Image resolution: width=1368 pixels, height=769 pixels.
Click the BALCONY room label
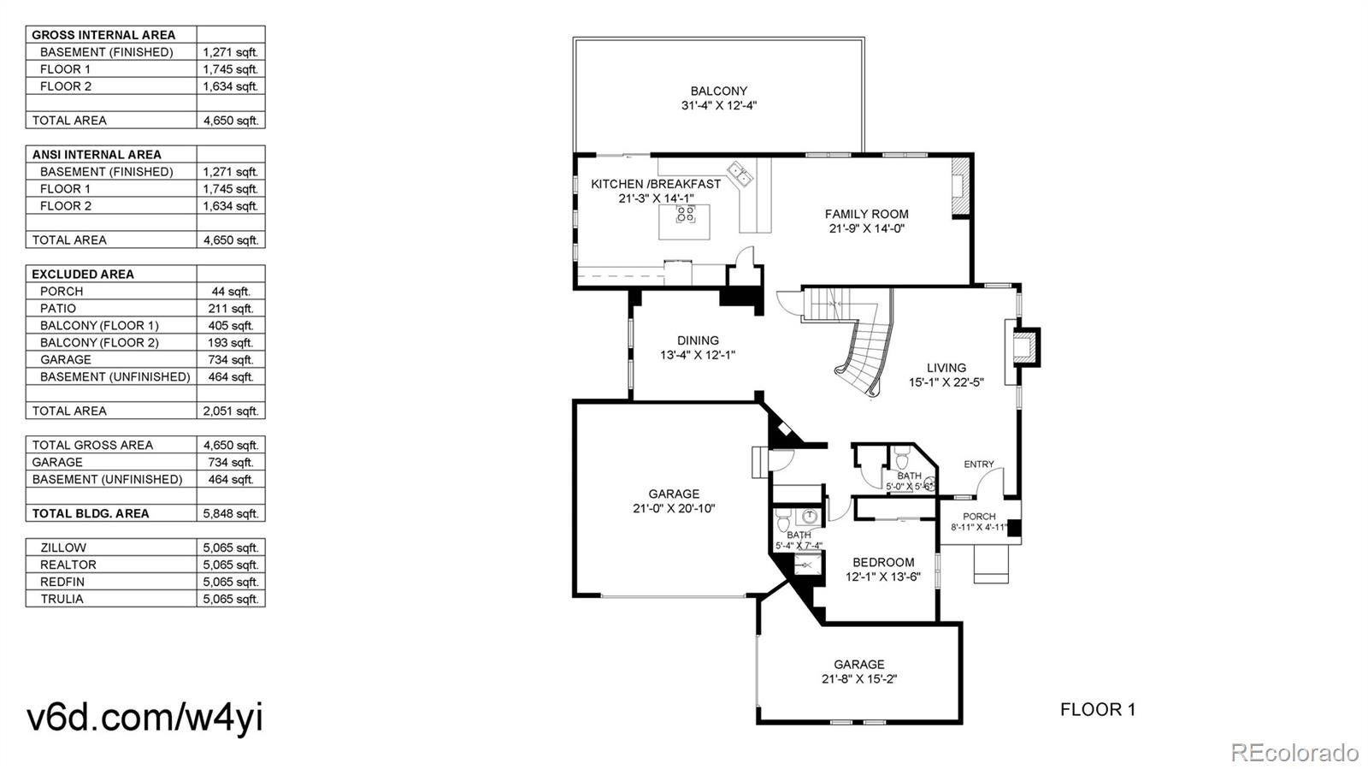point(719,91)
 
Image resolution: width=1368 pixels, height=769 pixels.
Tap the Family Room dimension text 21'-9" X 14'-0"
point(867,229)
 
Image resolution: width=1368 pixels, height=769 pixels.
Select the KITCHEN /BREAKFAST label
point(656,184)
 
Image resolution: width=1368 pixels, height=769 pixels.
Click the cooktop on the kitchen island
point(686,214)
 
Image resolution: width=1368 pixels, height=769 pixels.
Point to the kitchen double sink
point(740,173)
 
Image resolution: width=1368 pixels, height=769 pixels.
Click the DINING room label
point(698,340)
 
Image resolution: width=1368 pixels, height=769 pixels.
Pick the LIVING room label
point(946,368)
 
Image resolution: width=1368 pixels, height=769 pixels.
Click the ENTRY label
point(979,464)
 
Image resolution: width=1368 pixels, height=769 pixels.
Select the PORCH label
point(980,517)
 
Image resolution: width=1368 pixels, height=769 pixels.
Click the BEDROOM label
point(884,563)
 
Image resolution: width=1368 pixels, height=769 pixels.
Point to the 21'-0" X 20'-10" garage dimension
point(675,509)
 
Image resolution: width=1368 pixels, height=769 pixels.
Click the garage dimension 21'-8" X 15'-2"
point(859,679)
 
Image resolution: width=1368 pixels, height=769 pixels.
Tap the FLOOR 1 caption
point(1098,710)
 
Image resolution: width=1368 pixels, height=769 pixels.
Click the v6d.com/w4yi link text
point(144,719)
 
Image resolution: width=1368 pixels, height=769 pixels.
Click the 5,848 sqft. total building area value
point(231,514)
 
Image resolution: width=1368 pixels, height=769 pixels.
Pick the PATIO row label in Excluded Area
point(58,309)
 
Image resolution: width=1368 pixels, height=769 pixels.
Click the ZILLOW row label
point(63,548)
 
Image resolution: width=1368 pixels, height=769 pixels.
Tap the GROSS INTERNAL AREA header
point(103,35)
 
